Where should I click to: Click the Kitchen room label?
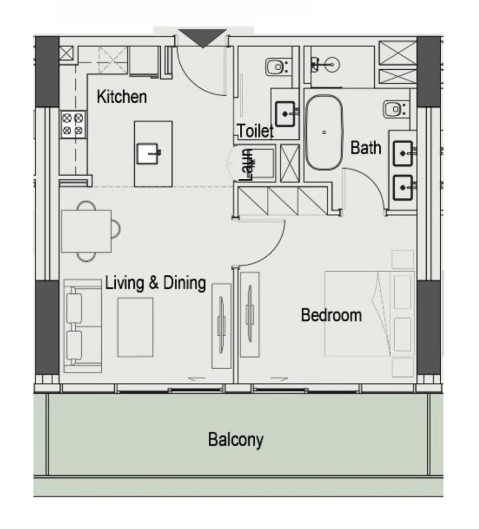(121, 97)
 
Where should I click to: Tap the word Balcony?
(236, 440)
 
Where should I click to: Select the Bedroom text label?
(331, 315)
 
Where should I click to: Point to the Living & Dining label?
(156, 283)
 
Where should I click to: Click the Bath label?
(366, 148)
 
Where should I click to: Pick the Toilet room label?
(255, 131)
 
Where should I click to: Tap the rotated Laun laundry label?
(247, 164)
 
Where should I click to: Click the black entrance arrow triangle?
(203, 38)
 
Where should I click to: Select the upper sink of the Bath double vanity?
(403, 153)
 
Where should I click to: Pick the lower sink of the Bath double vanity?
(403, 187)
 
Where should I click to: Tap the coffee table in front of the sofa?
(135, 327)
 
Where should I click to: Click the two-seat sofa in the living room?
(82, 326)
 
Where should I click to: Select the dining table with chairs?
(86, 231)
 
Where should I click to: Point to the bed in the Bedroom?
(369, 314)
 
